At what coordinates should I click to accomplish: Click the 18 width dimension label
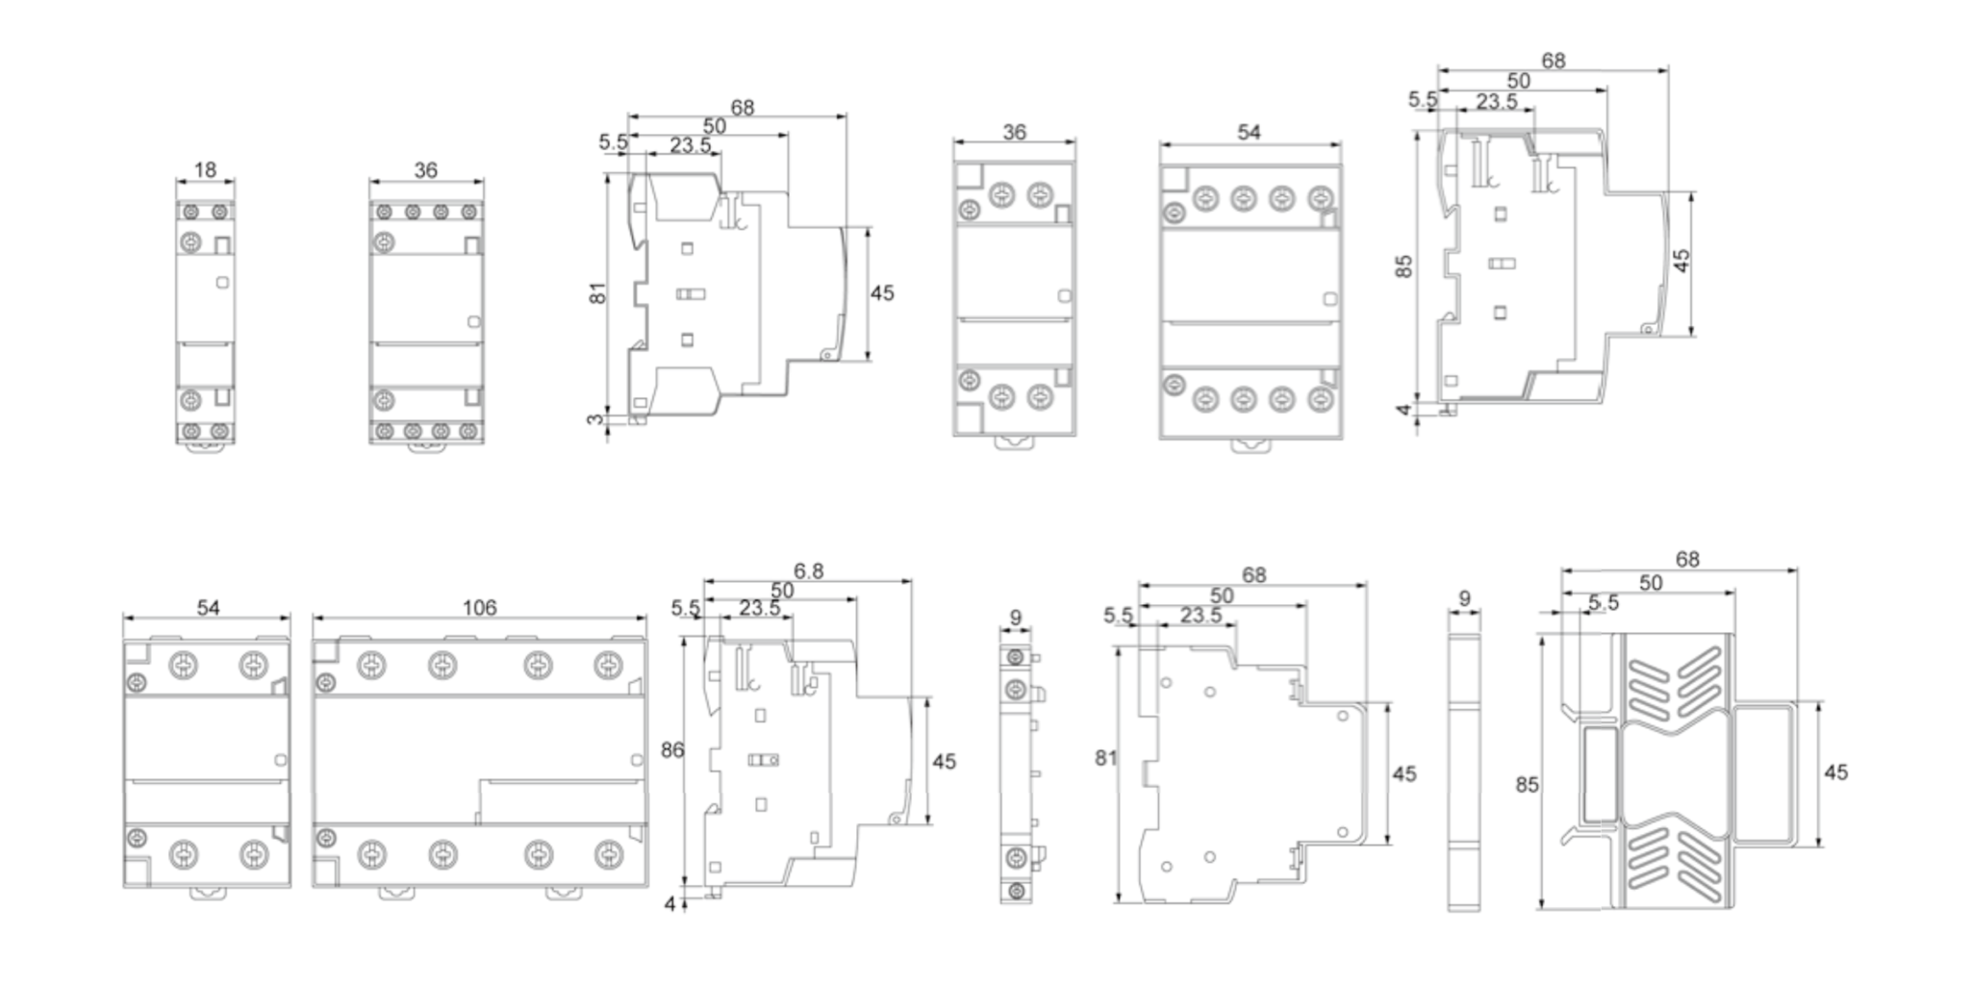pos(205,170)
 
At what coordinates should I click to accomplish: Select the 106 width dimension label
pos(479,608)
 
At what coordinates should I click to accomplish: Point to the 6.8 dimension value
pos(808,571)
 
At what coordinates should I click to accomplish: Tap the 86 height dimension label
pos(671,750)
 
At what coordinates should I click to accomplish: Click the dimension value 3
pos(596,420)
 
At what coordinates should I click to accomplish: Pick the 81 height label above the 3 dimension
pos(598,293)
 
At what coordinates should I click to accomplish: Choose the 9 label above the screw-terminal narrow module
pos(1016,618)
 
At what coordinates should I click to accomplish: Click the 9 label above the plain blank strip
pos(1464,598)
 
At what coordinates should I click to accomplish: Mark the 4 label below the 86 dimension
pos(670,905)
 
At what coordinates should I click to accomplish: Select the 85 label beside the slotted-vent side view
pos(1527,785)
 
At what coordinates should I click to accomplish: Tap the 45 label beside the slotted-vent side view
pos(1835,772)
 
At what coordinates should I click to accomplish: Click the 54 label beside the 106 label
pos(208,608)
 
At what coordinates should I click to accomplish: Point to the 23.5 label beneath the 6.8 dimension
pos(760,609)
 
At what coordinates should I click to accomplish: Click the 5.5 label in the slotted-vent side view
pos(1604,603)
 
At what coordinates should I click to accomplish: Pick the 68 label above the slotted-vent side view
pos(1687,559)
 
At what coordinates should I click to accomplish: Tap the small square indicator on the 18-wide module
pos(222,283)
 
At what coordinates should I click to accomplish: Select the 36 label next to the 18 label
pos(425,170)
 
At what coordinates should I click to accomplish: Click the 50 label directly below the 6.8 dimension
pos(782,591)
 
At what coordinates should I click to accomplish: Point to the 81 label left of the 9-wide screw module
pos(1106,758)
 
